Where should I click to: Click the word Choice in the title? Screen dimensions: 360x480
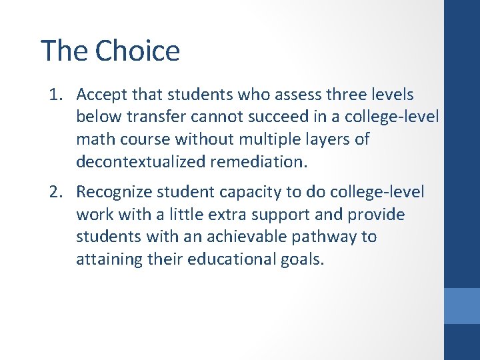[137, 51]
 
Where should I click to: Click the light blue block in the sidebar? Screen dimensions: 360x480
[461, 306]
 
